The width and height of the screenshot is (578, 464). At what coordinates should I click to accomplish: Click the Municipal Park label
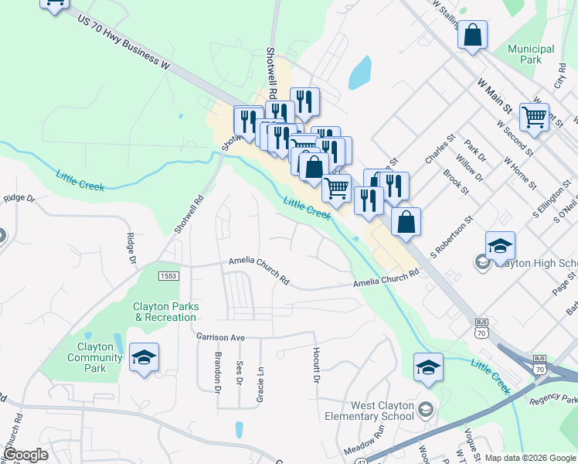point(531,53)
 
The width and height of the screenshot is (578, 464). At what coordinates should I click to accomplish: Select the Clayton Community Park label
point(95,357)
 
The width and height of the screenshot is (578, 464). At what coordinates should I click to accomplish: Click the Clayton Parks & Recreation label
point(166,312)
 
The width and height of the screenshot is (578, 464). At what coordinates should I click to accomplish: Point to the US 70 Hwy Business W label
point(124,42)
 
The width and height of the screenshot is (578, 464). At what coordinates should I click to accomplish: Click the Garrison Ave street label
point(220,337)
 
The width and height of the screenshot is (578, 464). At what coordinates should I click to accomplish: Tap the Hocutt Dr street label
point(316,364)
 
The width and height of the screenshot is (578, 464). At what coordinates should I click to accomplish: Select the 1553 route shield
point(168,276)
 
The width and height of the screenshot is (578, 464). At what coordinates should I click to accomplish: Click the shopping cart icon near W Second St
point(534,117)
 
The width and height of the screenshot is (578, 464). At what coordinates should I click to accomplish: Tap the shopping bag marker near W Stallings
point(472,35)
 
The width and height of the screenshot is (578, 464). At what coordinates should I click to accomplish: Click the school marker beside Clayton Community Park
point(144,357)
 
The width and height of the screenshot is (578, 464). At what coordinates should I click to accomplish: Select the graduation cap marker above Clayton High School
point(500,245)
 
